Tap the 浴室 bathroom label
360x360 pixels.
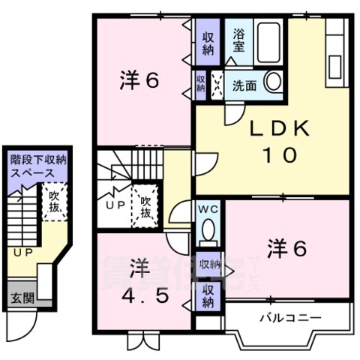[238, 39]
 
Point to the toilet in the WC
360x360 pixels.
[209, 229]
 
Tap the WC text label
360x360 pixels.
[208, 208]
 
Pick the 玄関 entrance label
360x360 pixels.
[22, 298]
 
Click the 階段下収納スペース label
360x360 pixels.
[37, 166]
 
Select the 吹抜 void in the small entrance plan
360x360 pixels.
[53, 200]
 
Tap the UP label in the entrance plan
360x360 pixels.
[22, 253]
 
